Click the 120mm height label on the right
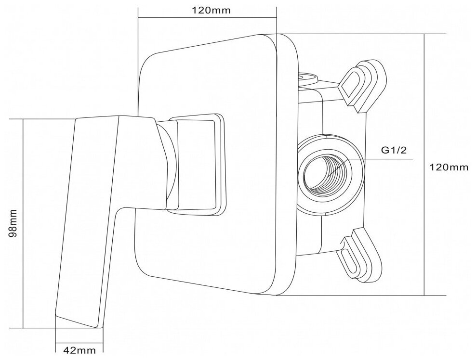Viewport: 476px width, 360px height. tap(449, 167)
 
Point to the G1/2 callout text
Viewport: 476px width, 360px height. tap(394, 150)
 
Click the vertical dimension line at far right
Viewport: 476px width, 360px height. tap(424, 164)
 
